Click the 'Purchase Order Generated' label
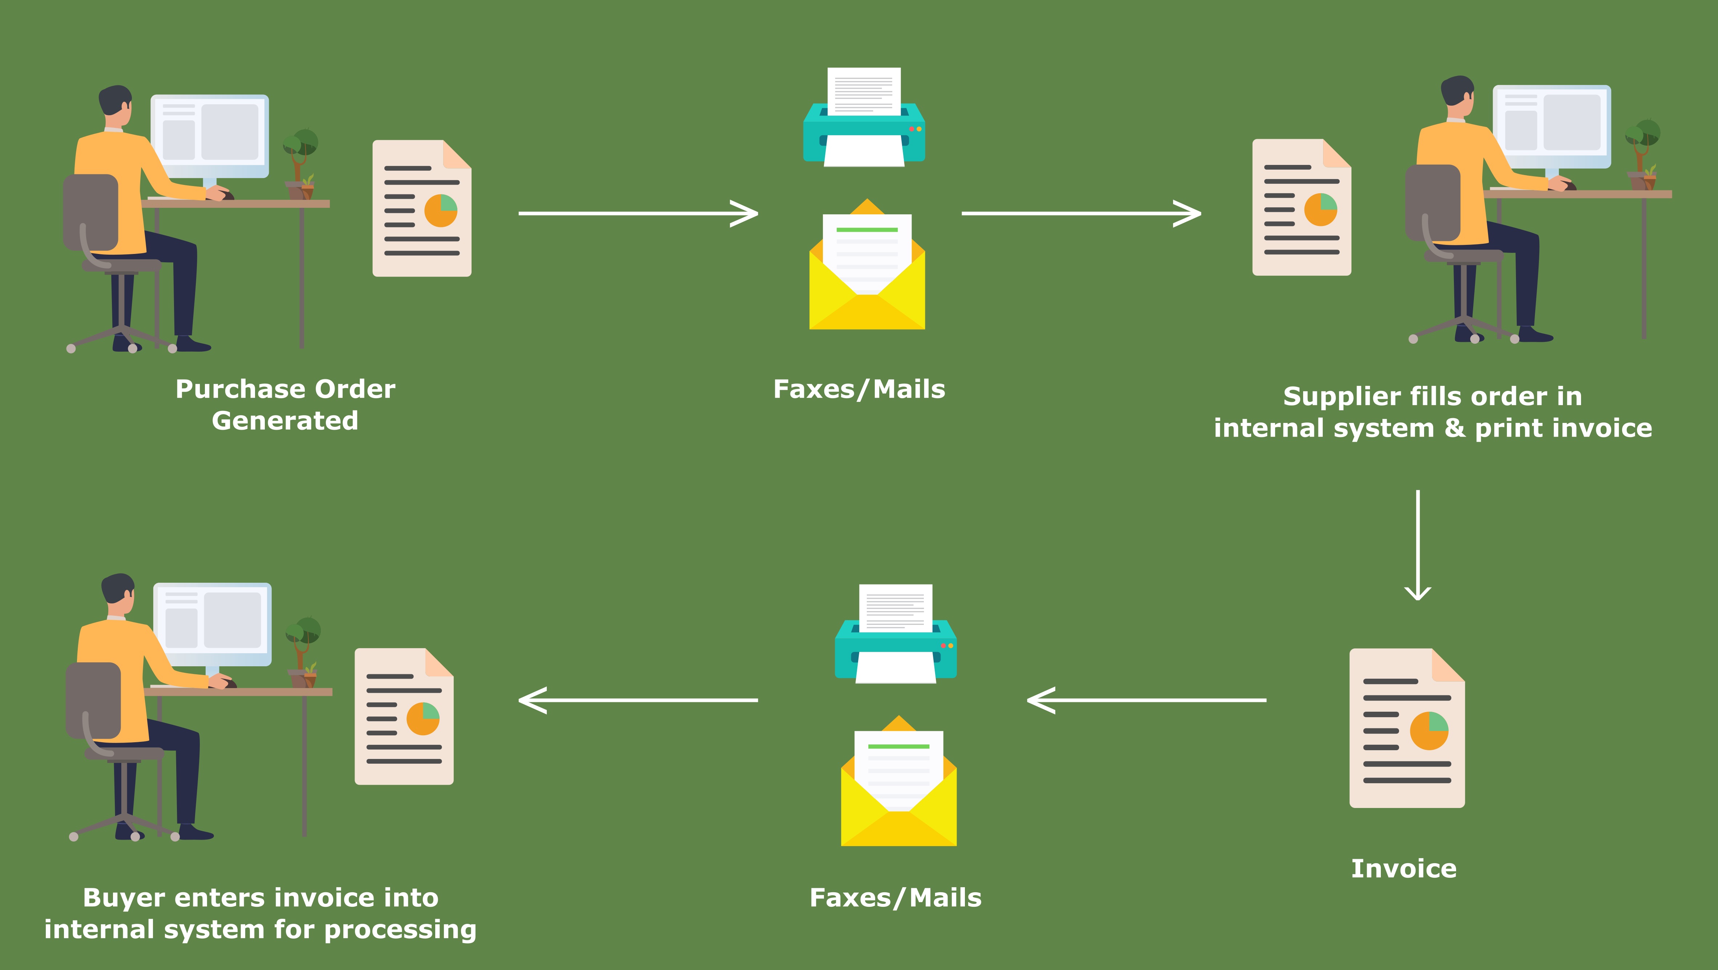(x=285, y=404)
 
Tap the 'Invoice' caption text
(x=1404, y=869)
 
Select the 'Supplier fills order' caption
(x=1432, y=412)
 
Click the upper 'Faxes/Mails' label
(x=859, y=389)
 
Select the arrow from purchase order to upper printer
(x=638, y=214)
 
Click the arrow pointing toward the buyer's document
(x=638, y=700)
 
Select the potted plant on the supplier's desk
(x=1642, y=153)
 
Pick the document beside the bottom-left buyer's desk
(x=404, y=716)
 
